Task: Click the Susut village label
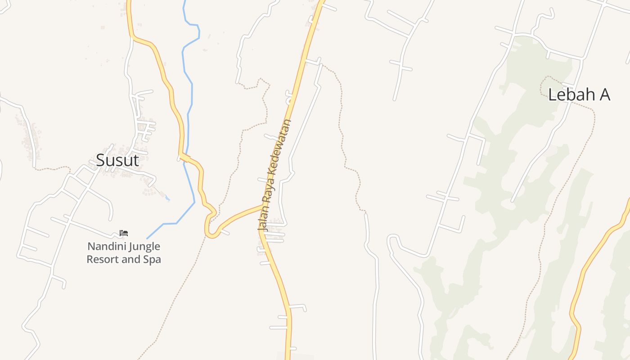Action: (117, 160)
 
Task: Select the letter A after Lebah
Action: (603, 94)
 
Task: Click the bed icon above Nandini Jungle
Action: (124, 233)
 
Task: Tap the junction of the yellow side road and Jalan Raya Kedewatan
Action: (262, 206)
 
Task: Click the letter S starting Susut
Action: (101, 160)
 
